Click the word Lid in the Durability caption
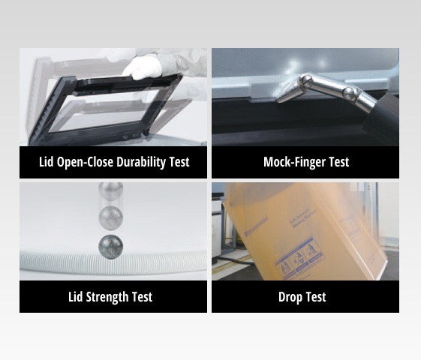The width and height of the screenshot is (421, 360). [47, 162]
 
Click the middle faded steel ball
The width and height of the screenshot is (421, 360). [110, 217]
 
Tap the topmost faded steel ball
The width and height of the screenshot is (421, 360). [110, 193]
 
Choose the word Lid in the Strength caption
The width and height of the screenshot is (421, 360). [76, 297]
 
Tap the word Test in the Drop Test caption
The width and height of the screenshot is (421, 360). [317, 297]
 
